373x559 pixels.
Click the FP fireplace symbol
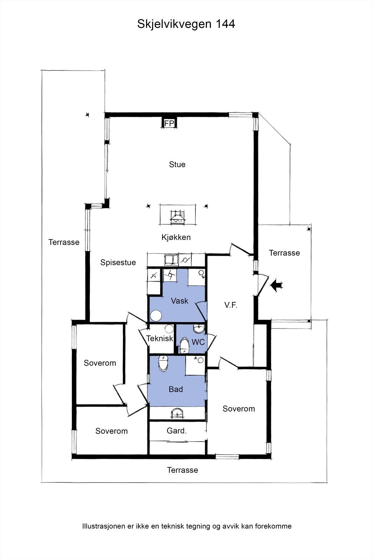[x=169, y=123]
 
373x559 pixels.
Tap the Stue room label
[x=177, y=165]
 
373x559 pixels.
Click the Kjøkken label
[x=176, y=237]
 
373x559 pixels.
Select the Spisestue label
[x=118, y=262]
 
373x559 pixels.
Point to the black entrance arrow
[x=276, y=285]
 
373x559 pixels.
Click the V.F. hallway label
[x=231, y=305]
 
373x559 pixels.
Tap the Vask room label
[x=180, y=301]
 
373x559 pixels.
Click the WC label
[x=198, y=342]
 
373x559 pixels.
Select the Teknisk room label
[x=160, y=339]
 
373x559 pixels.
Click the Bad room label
[x=176, y=389]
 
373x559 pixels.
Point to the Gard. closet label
[x=177, y=430]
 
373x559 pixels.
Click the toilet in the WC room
[x=185, y=346]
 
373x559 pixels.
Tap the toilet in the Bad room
[x=163, y=364]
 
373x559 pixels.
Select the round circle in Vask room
[x=156, y=316]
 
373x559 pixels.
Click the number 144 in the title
[x=225, y=24]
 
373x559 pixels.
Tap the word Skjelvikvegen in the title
[x=174, y=24]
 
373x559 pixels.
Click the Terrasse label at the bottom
[x=182, y=470]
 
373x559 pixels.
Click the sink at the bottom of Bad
[x=178, y=413]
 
